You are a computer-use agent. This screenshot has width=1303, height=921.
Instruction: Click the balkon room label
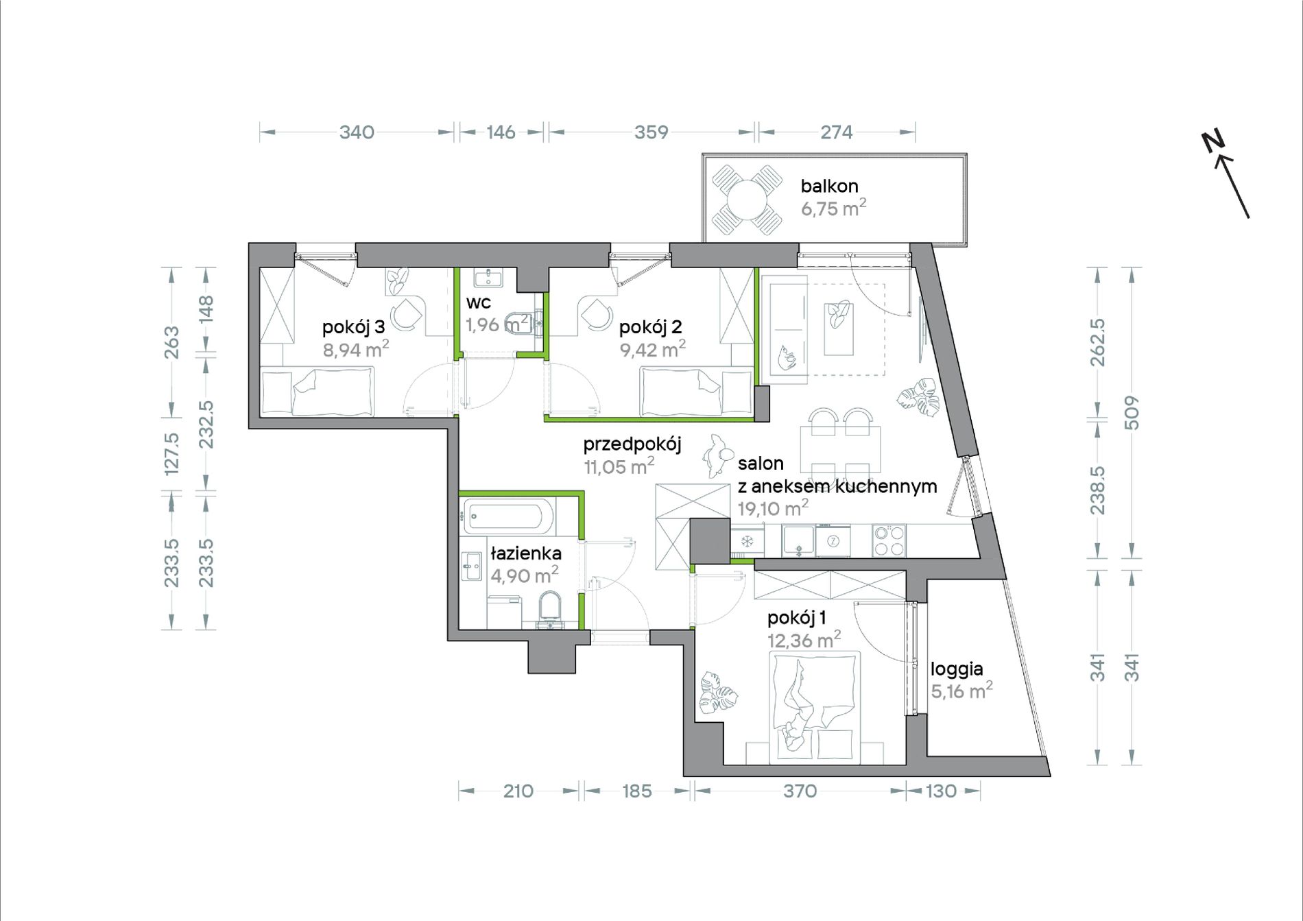(x=829, y=186)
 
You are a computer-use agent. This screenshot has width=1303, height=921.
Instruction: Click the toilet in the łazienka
(x=550, y=610)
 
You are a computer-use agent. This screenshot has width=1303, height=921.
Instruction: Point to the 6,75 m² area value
(x=833, y=208)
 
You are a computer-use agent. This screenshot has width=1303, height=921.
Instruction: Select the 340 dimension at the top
(x=357, y=132)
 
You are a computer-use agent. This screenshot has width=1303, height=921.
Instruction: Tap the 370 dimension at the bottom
(x=800, y=791)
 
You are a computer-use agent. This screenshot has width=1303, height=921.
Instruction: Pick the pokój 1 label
(x=796, y=618)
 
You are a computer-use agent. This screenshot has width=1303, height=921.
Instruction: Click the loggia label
(x=957, y=669)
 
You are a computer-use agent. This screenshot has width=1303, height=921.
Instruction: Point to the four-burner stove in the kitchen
(x=889, y=540)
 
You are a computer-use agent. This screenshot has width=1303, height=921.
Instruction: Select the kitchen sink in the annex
(x=798, y=540)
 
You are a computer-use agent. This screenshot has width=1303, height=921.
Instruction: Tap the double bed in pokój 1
(x=814, y=707)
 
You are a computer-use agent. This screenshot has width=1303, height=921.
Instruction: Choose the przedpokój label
(x=632, y=445)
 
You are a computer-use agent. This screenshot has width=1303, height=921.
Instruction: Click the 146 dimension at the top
(x=501, y=132)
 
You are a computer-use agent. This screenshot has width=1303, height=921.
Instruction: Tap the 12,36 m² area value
(x=804, y=640)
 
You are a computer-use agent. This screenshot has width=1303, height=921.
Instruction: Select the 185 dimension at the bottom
(x=636, y=791)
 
